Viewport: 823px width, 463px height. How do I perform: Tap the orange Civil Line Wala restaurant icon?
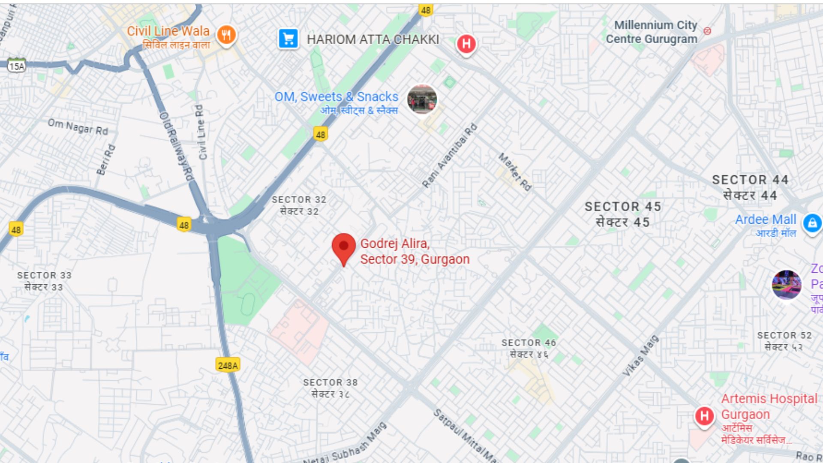(x=226, y=34)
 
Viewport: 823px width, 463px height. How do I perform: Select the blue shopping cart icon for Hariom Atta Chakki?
(x=288, y=39)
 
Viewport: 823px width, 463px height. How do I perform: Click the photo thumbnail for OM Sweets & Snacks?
(x=422, y=99)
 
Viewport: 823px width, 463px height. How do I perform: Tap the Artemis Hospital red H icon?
(x=704, y=415)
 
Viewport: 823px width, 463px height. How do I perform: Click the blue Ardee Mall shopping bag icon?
(x=812, y=223)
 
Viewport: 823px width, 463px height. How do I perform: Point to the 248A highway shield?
(x=228, y=365)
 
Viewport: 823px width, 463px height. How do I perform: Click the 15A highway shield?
(x=17, y=66)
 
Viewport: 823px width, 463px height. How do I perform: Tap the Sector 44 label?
(x=750, y=187)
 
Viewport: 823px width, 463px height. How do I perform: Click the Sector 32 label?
(x=299, y=205)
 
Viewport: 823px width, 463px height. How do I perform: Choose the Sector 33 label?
(x=44, y=281)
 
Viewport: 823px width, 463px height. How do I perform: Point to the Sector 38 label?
(x=330, y=388)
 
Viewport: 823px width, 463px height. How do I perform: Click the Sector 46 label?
(x=529, y=348)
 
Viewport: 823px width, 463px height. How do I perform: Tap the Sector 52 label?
(x=784, y=341)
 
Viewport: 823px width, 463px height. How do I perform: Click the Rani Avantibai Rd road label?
(x=450, y=156)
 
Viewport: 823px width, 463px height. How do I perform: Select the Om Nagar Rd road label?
(x=78, y=127)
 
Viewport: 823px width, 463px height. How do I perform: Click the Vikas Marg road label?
(x=640, y=356)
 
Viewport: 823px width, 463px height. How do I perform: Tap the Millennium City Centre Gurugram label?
(x=652, y=32)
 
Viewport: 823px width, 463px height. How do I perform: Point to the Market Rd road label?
(x=515, y=171)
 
